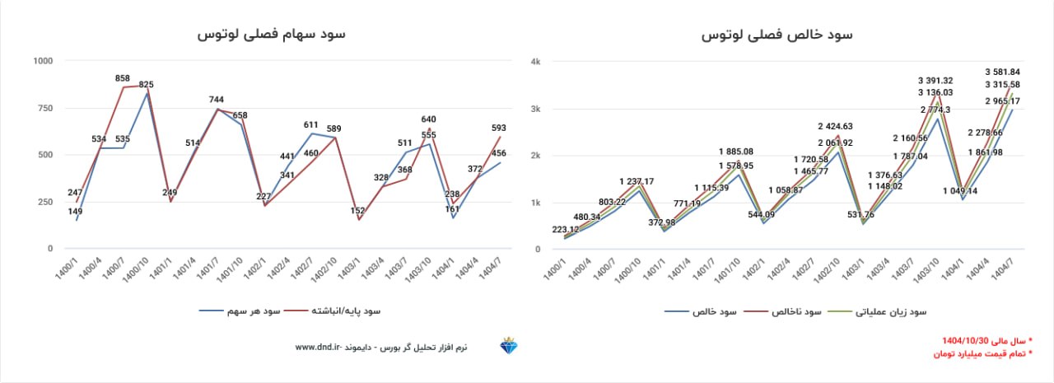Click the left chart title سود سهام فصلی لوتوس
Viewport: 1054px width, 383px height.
(x=271, y=35)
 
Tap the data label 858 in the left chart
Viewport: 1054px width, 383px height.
(x=122, y=78)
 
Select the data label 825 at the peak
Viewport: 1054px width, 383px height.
(x=146, y=84)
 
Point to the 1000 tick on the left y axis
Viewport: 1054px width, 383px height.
(x=43, y=61)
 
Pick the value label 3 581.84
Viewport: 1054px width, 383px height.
(x=1002, y=72)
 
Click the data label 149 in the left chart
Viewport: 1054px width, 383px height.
(x=75, y=211)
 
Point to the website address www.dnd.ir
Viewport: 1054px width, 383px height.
(x=317, y=348)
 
